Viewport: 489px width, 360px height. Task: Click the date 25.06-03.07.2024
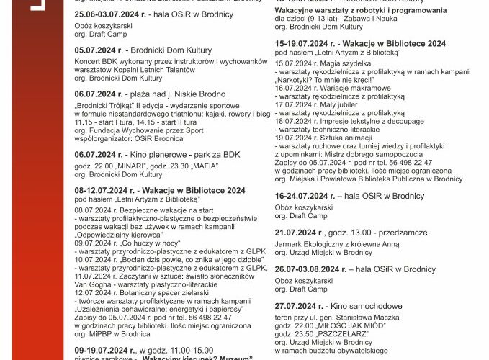pos(112,14)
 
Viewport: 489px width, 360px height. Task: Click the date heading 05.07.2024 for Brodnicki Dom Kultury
pos(99,51)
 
